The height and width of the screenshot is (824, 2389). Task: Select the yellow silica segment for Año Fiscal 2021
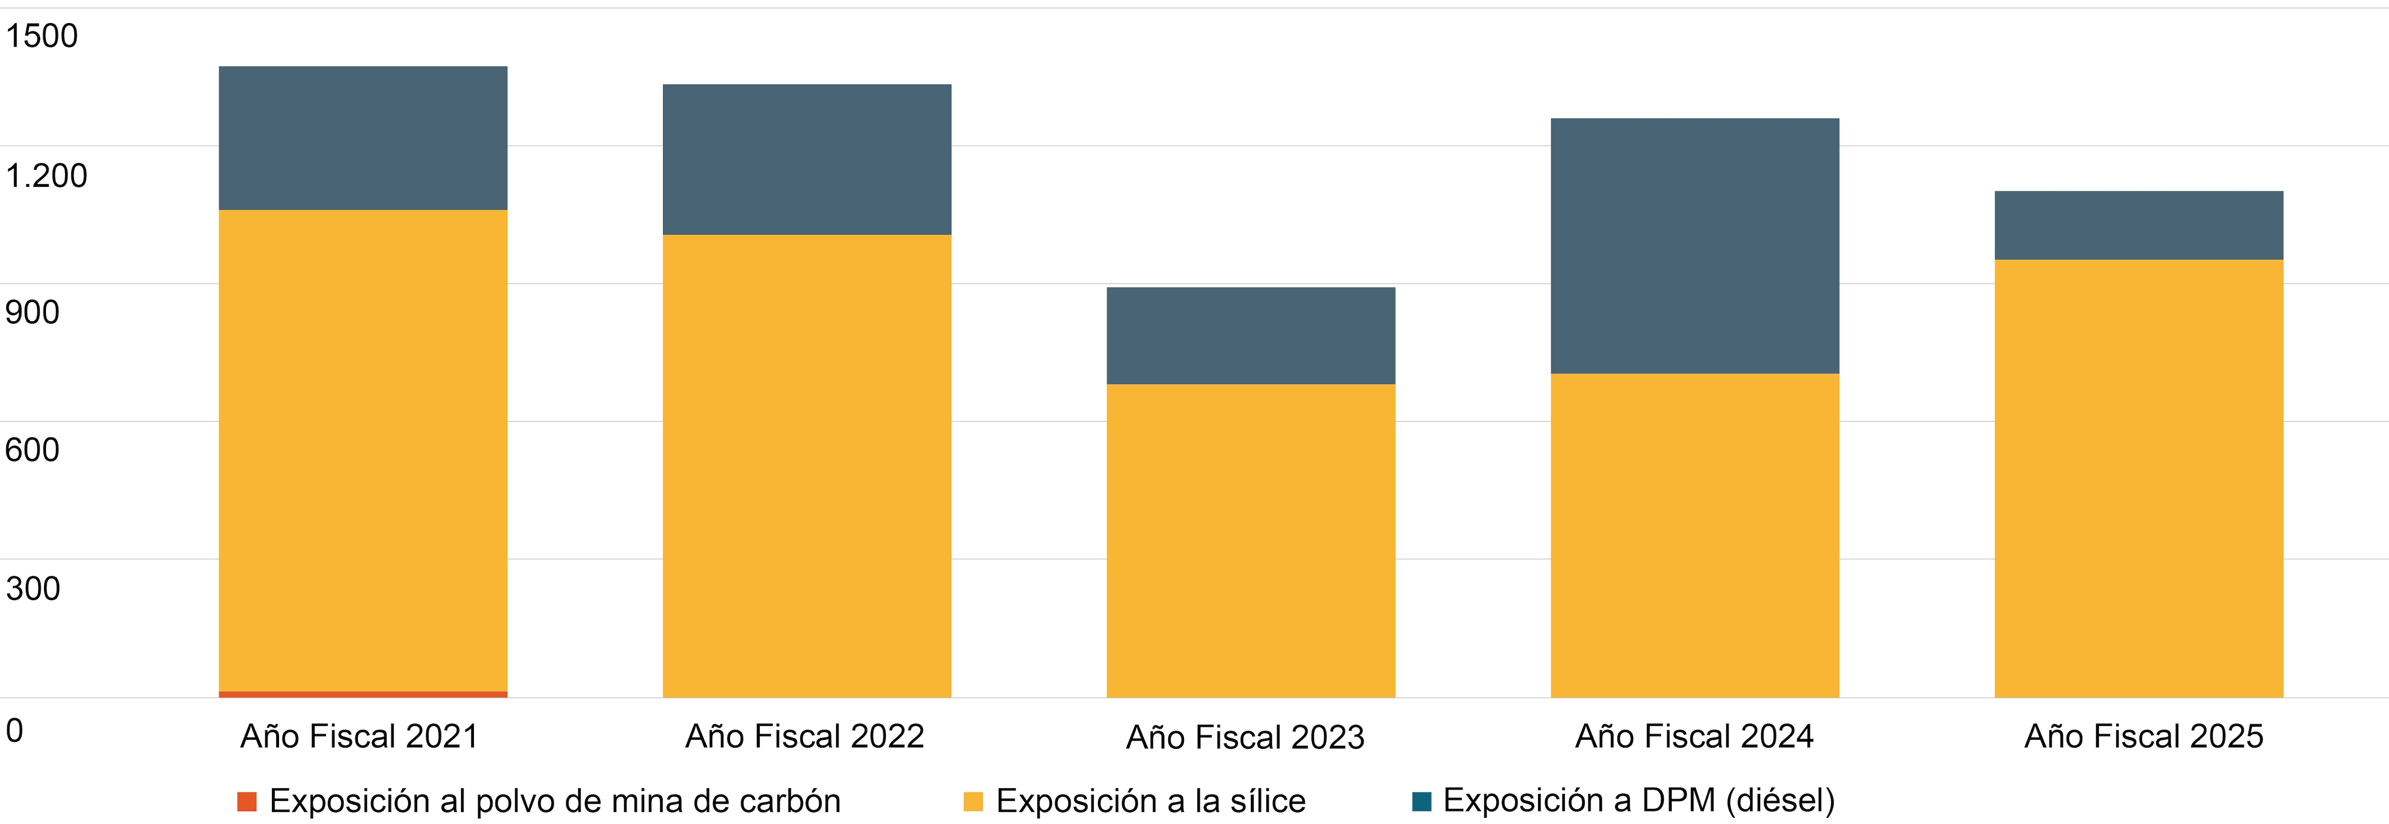(363, 450)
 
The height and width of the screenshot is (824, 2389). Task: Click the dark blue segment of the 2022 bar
(807, 160)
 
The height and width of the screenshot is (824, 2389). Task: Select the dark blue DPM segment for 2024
(1694, 246)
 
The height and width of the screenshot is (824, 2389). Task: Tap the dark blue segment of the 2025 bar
(2139, 226)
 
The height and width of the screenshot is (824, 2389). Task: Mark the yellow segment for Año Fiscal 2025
(2139, 478)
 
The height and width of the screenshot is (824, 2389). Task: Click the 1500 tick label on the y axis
(42, 36)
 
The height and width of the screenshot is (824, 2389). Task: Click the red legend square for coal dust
(247, 801)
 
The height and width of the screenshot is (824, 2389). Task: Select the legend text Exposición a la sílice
(1150, 801)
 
